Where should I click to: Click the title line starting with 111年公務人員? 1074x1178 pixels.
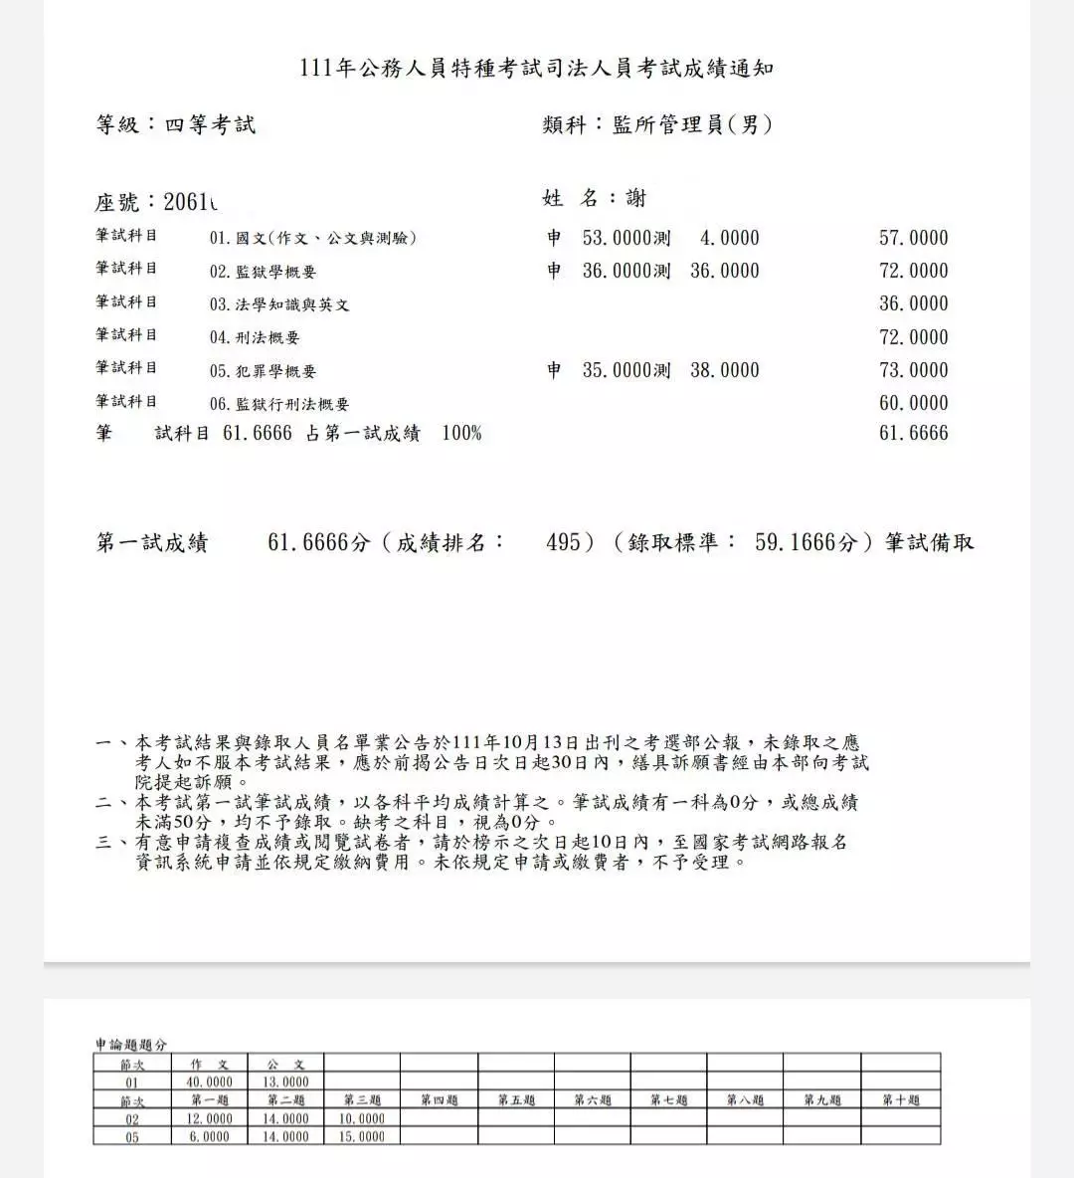537,69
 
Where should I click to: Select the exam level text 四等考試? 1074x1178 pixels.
210,125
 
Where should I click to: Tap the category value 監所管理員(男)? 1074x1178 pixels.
693,125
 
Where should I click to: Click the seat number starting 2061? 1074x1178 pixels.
189,202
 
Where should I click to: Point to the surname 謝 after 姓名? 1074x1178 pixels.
636,199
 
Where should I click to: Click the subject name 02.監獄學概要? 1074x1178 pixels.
263,272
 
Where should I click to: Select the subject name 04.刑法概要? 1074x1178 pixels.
254,337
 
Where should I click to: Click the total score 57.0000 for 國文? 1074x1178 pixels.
913,238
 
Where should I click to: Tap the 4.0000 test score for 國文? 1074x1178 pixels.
729,238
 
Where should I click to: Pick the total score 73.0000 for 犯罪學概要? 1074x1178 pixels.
913,370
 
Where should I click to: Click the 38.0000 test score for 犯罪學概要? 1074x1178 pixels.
724,370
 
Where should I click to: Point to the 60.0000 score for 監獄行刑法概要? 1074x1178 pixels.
913,403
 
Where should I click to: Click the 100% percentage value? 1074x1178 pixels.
461,433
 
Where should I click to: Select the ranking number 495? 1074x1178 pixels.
564,543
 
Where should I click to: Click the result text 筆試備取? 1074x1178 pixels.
930,543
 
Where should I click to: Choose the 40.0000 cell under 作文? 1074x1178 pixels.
209,1082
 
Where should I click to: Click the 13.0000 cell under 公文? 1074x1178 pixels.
285,1082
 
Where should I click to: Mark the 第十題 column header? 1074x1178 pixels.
900,1100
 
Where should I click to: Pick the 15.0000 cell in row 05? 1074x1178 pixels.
362,1136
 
